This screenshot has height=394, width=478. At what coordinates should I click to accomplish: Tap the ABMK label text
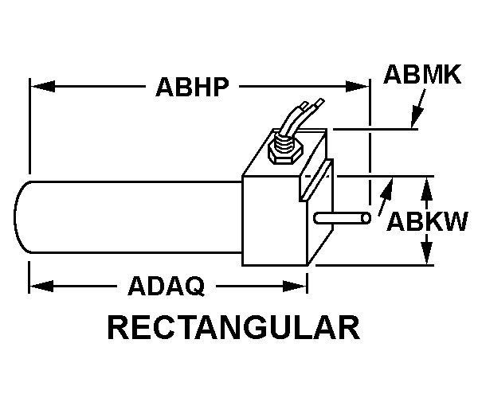tap(421, 76)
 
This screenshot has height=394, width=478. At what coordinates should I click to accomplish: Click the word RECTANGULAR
tap(233, 328)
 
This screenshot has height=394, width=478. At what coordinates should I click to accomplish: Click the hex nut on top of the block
tap(283, 150)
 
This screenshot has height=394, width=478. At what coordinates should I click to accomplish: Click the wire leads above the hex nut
tap(300, 115)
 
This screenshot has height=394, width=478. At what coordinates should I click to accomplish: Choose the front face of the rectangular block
tap(272, 223)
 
